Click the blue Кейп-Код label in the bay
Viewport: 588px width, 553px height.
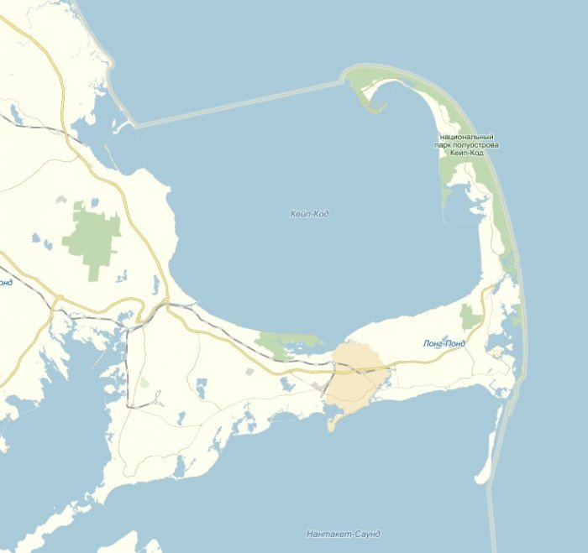[x=309, y=214]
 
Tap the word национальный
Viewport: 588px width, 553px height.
[x=465, y=137]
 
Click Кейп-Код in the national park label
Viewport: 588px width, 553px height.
[x=466, y=154]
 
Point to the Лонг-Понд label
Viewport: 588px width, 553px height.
[x=443, y=344]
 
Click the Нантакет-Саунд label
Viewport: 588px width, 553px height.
[x=344, y=535]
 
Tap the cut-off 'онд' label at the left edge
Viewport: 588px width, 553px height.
[x=5, y=282]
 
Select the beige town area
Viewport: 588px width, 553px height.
[x=357, y=378]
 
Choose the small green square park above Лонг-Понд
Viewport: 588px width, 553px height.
[x=470, y=317]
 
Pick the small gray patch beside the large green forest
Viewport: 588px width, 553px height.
[x=60, y=201]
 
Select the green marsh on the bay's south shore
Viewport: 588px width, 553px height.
[x=281, y=342]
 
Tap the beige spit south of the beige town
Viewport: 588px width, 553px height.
[x=331, y=422]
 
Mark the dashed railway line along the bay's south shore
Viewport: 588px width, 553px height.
[x=227, y=331]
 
